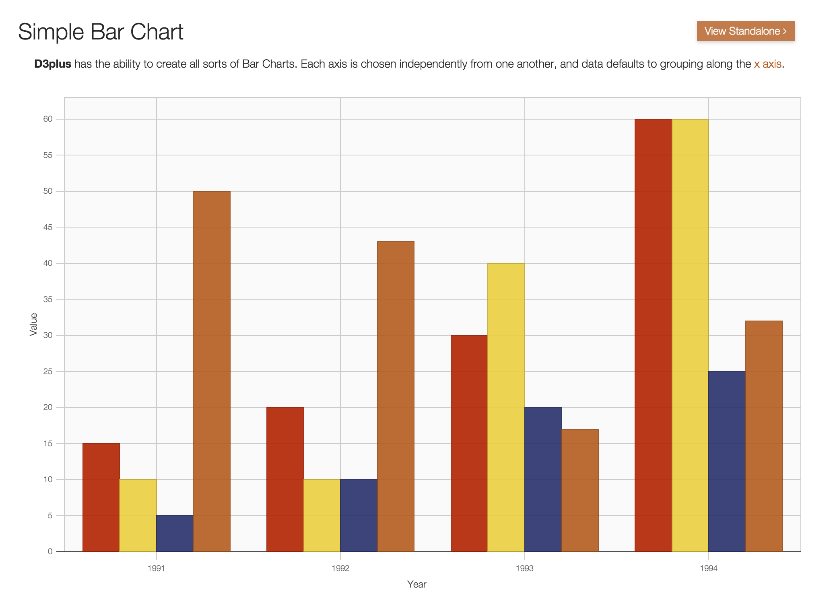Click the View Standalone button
coord(745,31)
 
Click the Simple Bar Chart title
coord(101,31)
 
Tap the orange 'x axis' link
coord(767,64)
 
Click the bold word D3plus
coord(53,64)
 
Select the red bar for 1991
coord(101,497)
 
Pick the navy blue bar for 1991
coord(175,534)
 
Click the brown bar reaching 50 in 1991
coord(212,371)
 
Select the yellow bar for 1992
coord(322,515)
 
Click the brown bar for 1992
coord(396,397)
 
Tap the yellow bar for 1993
coord(506,407)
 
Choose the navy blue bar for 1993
coord(543,479)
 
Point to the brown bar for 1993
coord(580,491)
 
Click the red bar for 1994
coord(653,334)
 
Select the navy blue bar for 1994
coord(727,461)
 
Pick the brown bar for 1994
coord(764,436)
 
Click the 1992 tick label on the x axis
coord(340,568)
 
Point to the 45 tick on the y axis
coord(48,227)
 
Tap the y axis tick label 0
coord(50,551)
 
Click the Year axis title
coord(416,584)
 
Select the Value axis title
coord(33,324)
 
